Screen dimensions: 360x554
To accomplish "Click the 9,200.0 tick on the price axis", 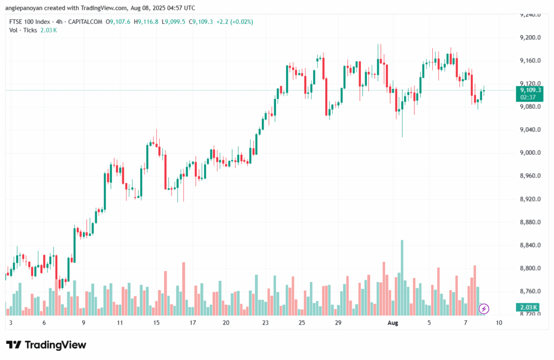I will tap(529, 37).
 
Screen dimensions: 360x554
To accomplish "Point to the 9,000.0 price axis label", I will tap(529, 153).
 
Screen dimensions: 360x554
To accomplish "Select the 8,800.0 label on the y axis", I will tap(529, 269).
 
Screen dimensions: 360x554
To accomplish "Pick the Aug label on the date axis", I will tap(393, 322).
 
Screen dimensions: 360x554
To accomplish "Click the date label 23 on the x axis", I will tap(265, 322).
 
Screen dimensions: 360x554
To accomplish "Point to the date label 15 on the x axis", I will tap(156, 322).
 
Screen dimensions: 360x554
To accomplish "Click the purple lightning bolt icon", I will tap(484, 309).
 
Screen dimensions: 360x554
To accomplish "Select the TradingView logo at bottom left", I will tap(46, 345).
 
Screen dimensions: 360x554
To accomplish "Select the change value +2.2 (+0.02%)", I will tap(235, 22).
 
